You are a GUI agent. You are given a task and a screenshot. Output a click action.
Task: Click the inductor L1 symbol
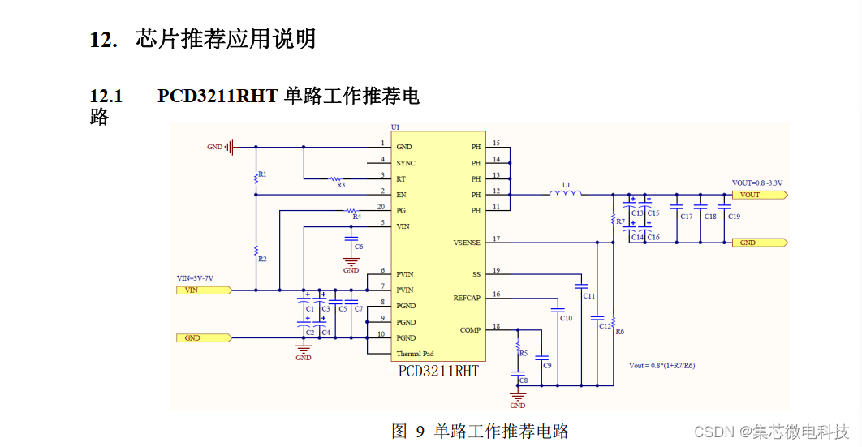[565, 193]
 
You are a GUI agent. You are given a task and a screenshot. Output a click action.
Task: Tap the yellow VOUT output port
[759, 195]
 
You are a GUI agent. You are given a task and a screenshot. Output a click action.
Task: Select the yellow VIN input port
[204, 290]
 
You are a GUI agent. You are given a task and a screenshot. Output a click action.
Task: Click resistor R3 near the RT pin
[336, 178]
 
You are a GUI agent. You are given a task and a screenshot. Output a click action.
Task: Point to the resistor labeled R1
[256, 174]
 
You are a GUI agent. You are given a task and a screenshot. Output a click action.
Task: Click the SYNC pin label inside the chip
[405, 163]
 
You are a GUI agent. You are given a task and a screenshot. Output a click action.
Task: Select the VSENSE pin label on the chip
[466, 243]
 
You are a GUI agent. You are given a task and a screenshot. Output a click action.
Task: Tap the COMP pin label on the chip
[470, 330]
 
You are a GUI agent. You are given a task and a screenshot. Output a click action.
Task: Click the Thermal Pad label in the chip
[415, 354]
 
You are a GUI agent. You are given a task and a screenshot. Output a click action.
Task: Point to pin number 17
[496, 239]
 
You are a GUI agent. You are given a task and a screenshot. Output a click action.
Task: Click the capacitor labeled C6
[351, 240]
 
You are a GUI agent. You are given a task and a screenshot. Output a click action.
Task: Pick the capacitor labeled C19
[725, 216]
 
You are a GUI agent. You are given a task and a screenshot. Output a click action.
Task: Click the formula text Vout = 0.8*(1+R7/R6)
[662, 365]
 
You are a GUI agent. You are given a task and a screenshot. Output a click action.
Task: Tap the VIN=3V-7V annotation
[195, 278]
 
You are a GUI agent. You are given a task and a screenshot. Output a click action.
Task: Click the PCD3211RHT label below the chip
[438, 372]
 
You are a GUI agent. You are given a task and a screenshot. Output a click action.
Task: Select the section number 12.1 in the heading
[106, 97]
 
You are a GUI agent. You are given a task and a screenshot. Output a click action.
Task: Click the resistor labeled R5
[519, 346]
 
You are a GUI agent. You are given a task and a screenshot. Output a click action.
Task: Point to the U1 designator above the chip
[395, 127]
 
